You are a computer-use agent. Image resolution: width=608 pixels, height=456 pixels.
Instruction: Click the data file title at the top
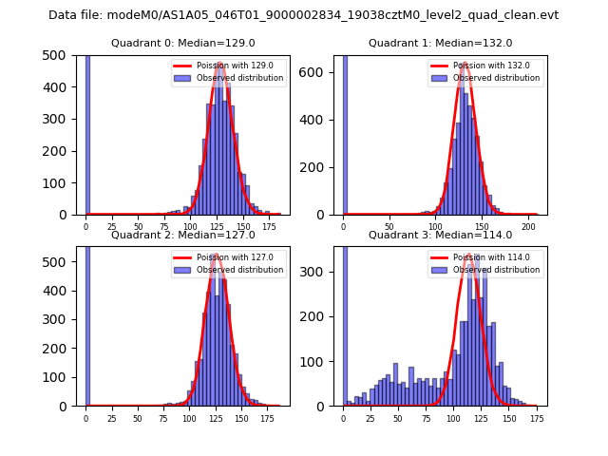304,15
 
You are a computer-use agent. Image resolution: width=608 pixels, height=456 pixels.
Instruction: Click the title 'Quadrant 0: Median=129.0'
183,43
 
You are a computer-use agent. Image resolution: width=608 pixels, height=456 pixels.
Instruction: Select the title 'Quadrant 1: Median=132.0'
440,43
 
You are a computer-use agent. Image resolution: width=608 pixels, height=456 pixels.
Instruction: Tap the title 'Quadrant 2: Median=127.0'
183,235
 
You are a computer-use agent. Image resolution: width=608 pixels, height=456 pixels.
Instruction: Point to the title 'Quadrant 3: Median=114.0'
440,235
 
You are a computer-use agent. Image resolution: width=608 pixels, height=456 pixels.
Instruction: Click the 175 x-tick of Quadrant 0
268,227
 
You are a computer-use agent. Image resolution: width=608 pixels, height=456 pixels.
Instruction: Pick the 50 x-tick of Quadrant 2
138,418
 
